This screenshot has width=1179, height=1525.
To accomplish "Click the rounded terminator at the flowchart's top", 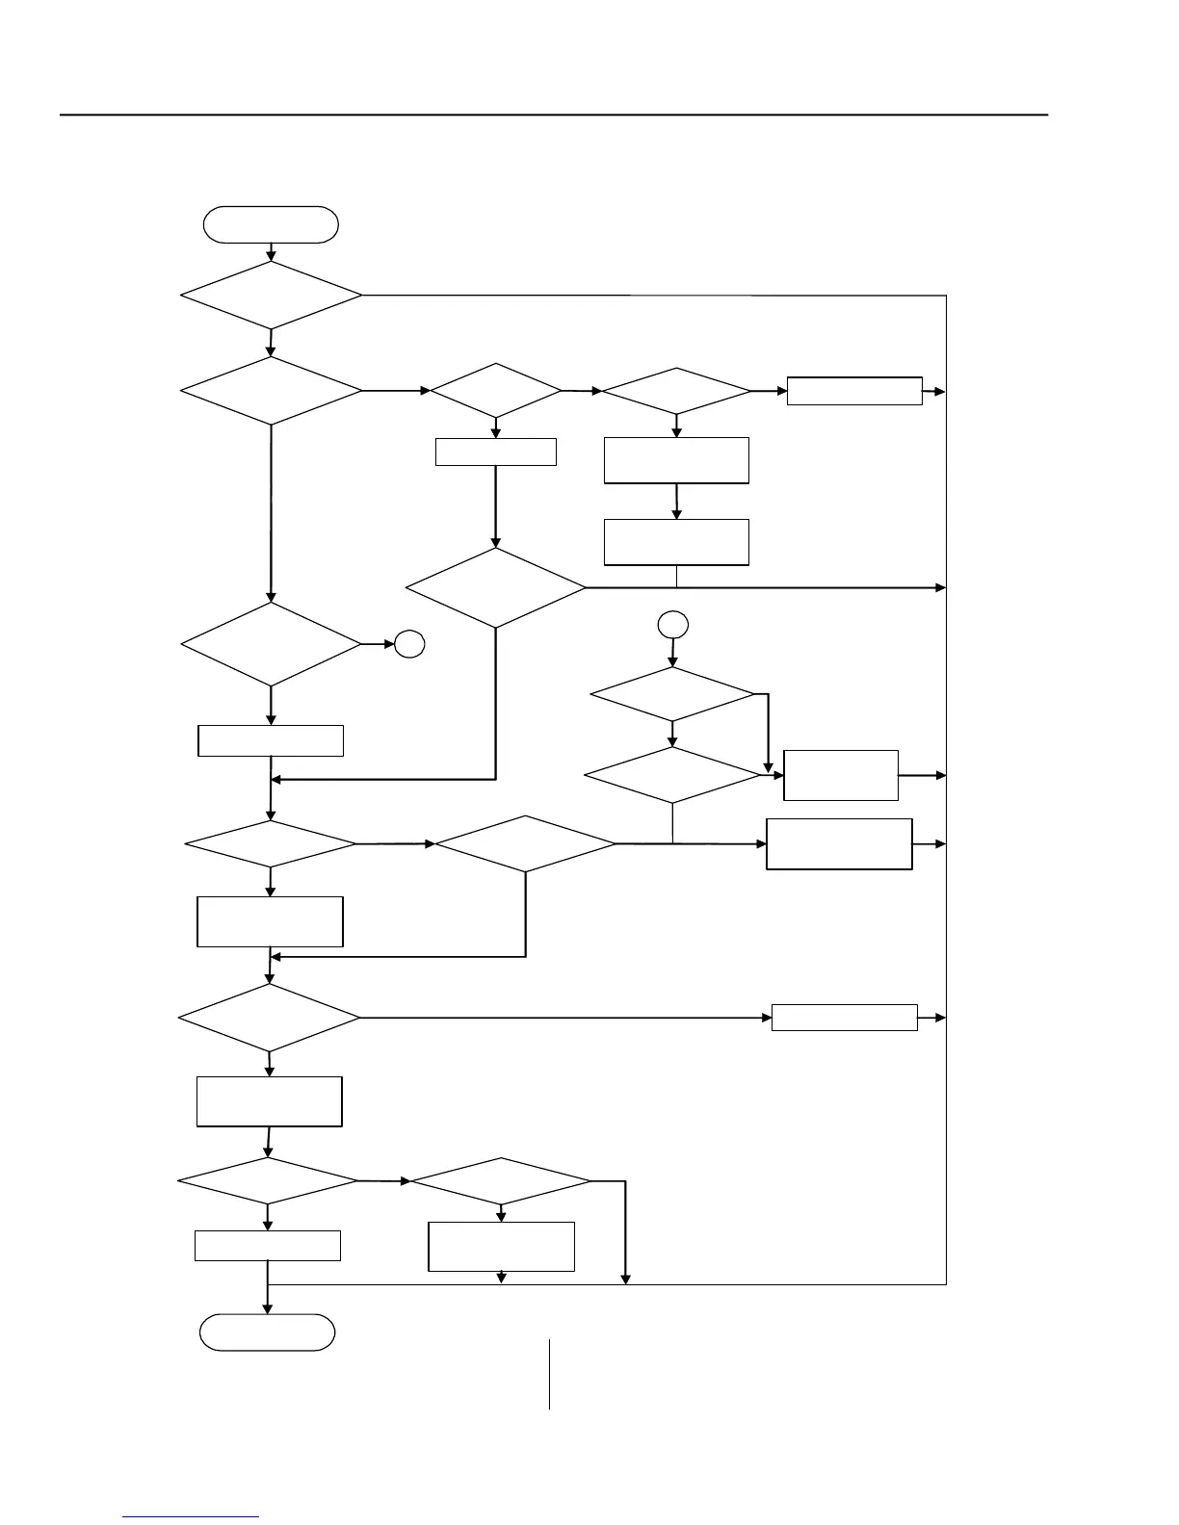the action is [271, 224].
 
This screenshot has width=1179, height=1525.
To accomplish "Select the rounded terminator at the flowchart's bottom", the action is [267, 1332].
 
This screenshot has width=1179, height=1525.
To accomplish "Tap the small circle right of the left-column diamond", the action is [409, 644].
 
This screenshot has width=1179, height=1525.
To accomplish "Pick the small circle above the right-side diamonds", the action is [672, 625].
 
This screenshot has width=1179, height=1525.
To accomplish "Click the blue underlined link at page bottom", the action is [191, 1516].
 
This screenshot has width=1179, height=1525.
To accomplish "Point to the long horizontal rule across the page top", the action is [554, 115].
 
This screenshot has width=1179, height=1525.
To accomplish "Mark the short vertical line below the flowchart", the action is [550, 1374].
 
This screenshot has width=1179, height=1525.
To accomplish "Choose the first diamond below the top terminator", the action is [272, 296].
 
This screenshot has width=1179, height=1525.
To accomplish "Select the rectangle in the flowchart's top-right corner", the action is [854, 391].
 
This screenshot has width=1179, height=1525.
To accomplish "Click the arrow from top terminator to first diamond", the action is [272, 251].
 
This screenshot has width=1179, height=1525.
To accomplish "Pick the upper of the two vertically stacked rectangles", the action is [676, 460].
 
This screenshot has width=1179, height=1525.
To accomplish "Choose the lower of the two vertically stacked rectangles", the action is [676, 541].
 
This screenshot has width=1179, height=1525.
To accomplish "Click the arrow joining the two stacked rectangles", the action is [676, 501].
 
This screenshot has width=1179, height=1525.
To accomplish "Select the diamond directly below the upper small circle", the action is [672, 693].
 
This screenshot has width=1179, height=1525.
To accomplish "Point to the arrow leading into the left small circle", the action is [377, 644].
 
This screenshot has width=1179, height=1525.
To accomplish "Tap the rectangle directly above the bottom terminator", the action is [268, 1245].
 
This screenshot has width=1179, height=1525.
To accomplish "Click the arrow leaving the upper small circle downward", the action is [672, 653].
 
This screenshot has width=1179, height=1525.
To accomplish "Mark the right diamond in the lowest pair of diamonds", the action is [501, 1181].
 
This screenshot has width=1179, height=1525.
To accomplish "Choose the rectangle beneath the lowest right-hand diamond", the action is [501, 1247].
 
